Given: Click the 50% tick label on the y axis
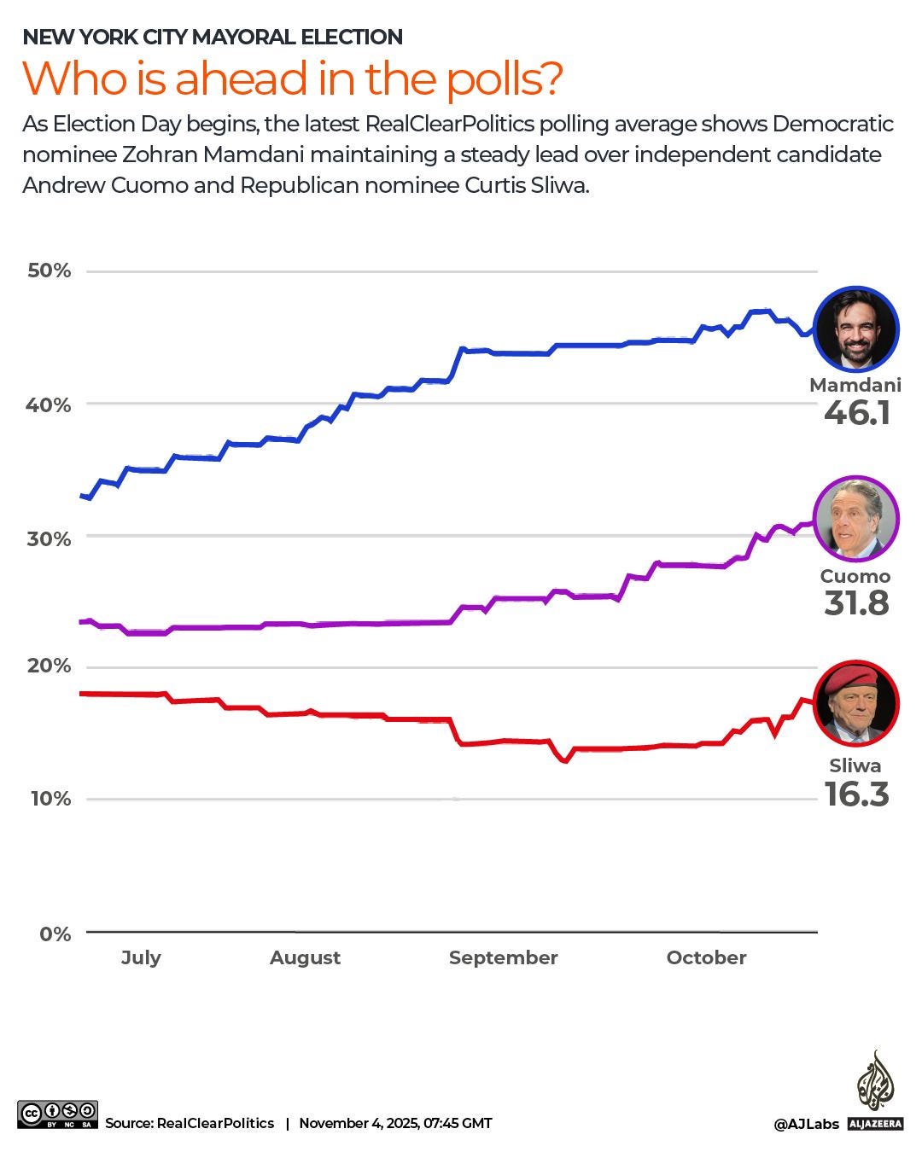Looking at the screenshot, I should (50, 271).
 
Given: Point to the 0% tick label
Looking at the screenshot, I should (55, 934).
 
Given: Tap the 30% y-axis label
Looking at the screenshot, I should (50, 538).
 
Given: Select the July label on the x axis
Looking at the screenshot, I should (141, 957).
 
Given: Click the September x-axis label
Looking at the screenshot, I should (503, 957).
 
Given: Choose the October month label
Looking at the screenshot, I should (706, 957).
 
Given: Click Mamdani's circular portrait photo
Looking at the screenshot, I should (856, 329).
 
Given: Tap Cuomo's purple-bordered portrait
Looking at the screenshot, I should (856, 519).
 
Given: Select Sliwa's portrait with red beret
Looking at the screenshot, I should (856, 702).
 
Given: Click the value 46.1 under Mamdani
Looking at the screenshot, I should (857, 413).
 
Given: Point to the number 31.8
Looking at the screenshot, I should (856, 603).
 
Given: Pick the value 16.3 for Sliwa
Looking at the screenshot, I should (856, 794).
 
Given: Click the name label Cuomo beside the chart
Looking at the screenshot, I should (855, 576).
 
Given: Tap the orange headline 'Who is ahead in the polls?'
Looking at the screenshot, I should (292, 79).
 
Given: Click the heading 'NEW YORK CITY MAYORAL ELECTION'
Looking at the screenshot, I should (213, 37).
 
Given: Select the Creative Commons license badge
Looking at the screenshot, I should (57, 1114).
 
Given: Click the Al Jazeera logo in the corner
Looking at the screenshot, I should (875, 1092).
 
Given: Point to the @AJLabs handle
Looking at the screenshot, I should (806, 1125).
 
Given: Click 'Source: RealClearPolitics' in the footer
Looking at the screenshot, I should (190, 1123).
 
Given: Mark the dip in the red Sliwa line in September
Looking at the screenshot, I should (564, 759).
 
